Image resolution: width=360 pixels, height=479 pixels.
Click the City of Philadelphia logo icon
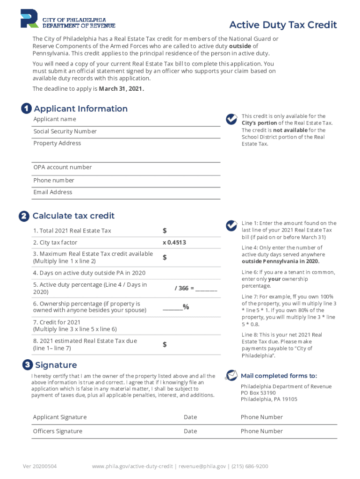[x=29, y=18]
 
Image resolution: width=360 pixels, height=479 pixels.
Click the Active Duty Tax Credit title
[x=283, y=25]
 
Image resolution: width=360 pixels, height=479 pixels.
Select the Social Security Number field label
[x=65, y=131]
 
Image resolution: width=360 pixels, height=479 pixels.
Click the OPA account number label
[x=62, y=167]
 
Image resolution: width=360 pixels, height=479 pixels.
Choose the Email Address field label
[x=53, y=192]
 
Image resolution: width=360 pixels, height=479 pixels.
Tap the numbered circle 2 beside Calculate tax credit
[x=23, y=217]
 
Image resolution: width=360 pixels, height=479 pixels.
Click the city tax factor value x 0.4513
[x=174, y=242]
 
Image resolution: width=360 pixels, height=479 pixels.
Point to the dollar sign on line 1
[x=165, y=231]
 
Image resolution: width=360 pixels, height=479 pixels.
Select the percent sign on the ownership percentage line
[x=186, y=307]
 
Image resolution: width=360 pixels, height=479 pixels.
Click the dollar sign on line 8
[x=165, y=345]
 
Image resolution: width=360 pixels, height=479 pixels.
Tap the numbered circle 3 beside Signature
[x=28, y=365]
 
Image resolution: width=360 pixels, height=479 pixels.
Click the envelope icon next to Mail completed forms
[x=231, y=375]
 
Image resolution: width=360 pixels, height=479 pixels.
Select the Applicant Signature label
[x=60, y=417]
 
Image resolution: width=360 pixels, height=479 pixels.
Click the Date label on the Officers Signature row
[x=190, y=431]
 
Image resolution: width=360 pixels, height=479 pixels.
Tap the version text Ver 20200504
[x=40, y=466]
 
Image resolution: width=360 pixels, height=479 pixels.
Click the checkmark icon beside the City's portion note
[x=231, y=119]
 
